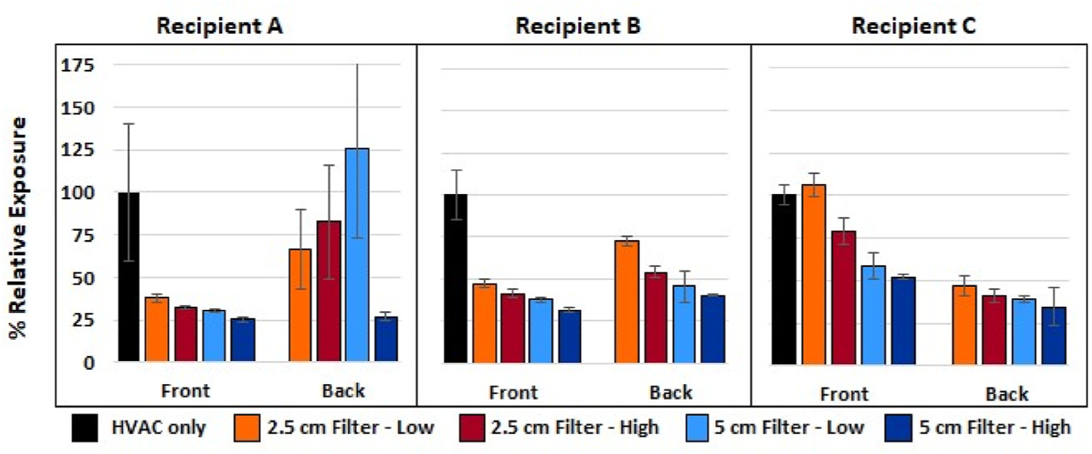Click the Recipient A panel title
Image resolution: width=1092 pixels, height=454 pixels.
(220, 26)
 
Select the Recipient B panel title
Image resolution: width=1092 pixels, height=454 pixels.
(578, 26)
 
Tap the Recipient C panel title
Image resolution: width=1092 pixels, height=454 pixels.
(914, 26)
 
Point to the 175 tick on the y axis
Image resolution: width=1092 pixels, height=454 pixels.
(78, 65)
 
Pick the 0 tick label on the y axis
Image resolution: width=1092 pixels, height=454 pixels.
(89, 363)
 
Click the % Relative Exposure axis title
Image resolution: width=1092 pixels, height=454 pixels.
(18, 227)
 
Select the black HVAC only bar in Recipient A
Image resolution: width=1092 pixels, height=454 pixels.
(129, 277)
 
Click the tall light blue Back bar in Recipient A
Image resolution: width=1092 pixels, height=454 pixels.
(357, 255)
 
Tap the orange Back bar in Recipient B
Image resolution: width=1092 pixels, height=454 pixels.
(627, 302)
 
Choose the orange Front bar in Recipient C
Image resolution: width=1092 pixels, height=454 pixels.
(814, 274)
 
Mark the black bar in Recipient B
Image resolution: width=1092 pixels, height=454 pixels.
(456, 278)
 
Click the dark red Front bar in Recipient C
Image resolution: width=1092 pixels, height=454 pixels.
(843, 297)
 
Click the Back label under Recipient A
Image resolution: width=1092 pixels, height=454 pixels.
(343, 391)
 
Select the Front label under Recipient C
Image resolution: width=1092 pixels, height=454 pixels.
(844, 395)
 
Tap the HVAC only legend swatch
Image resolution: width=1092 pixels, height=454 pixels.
(85, 427)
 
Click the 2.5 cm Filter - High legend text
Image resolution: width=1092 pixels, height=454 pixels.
(575, 427)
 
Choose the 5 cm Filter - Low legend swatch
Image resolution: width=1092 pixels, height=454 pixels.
(697, 427)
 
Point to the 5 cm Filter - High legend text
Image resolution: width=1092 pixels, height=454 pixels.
(995, 427)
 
